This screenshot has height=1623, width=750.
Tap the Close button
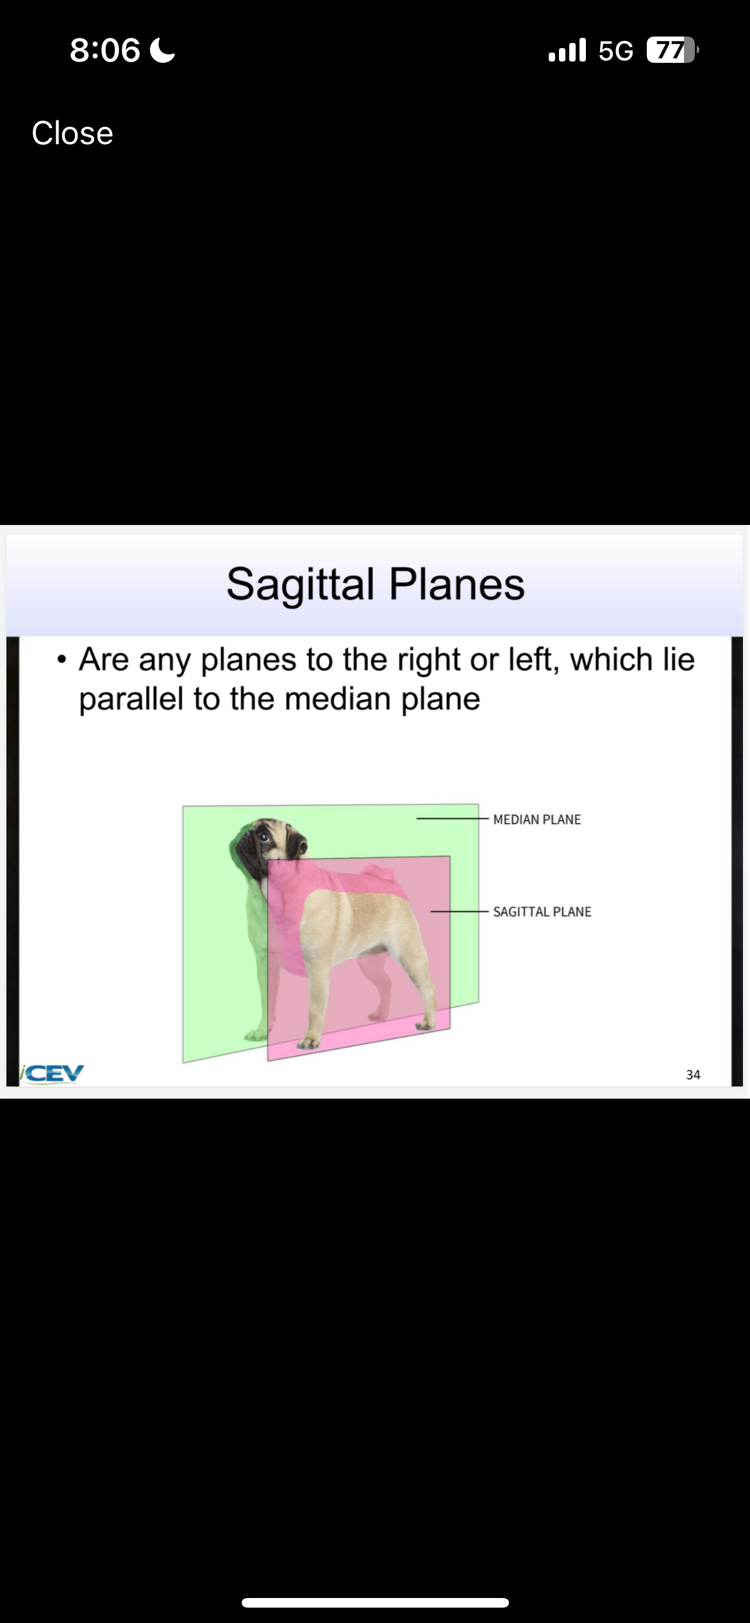[x=72, y=133]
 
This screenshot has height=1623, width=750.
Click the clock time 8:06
[x=105, y=50]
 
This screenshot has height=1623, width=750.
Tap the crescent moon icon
[x=162, y=50]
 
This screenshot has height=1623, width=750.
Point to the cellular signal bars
[x=567, y=50]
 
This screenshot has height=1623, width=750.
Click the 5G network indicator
[x=615, y=51]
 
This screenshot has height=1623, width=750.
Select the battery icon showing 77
[x=672, y=50]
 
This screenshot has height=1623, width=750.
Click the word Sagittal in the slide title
[x=300, y=585]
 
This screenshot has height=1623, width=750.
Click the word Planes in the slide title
[x=457, y=585]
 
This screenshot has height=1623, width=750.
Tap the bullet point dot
[x=62, y=660]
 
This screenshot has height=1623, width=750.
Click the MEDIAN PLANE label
[x=537, y=819]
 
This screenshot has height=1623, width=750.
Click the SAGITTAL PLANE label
[x=542, y=911]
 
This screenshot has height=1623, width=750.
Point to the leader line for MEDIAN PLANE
[x=453, y=819]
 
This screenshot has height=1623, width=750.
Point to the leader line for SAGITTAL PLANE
[x=460, y=911]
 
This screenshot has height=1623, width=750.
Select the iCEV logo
[x=51, y=1073]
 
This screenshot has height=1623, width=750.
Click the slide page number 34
[x=693, y=1075]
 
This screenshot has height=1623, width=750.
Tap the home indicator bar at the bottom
[x=375, y=1602]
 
